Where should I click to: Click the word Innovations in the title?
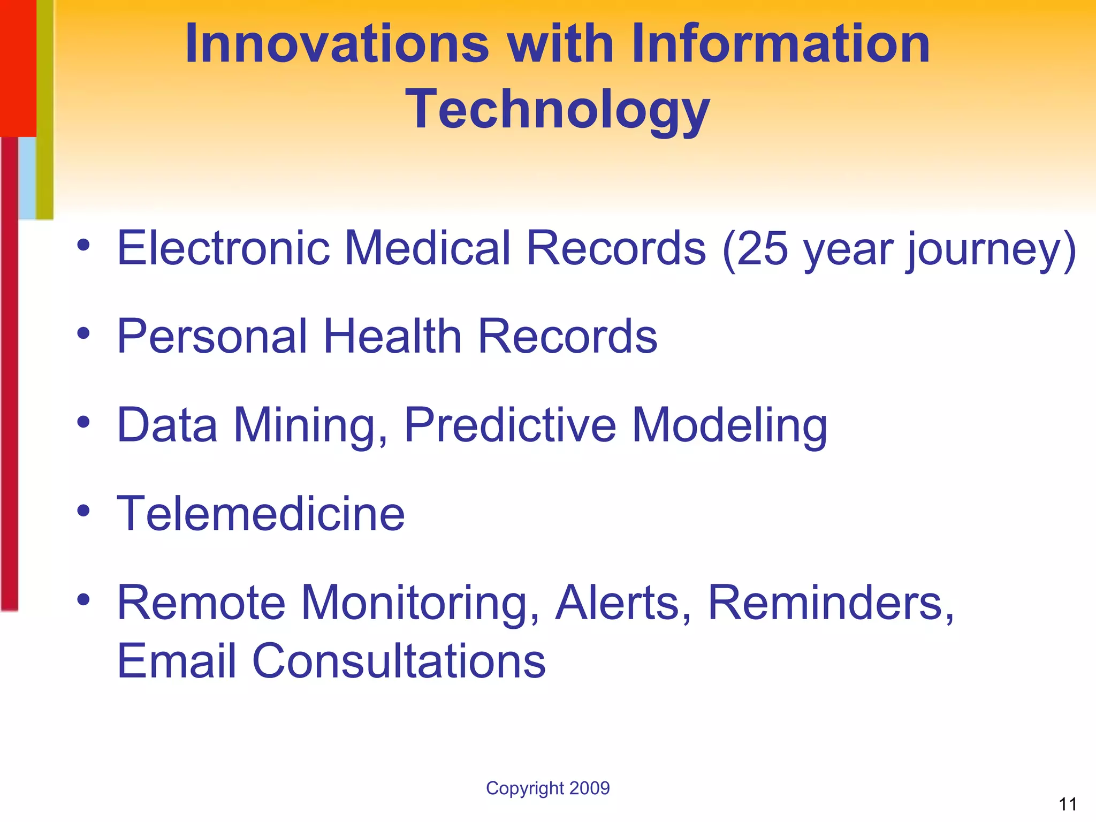coord(337,44)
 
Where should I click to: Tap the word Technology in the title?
coord(557,110)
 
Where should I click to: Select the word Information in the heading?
coord(780,44)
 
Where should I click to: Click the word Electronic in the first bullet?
coord(223,248)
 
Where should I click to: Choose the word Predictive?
coord(510,426)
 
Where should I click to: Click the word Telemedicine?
coord(261,514)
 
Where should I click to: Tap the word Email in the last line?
coord(177,661)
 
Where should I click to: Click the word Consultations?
coord(398,661)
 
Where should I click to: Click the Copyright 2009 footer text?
coord(547,788)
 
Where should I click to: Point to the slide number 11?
coord(1068,804)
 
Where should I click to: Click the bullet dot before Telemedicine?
coord(83,511)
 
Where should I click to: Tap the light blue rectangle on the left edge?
coord(27,178)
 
